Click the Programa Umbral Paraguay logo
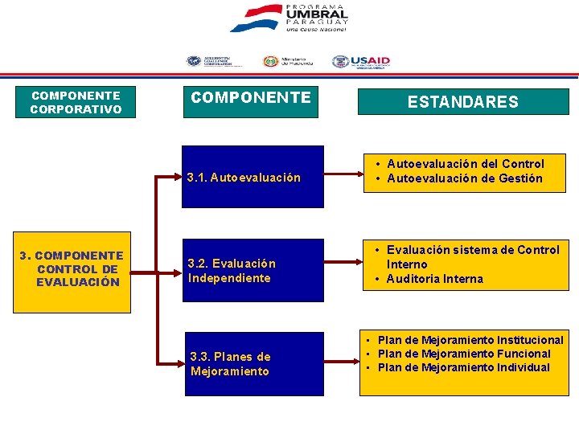tap(289, 18)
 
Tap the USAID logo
tap(361, 62)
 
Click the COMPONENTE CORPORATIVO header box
tap(76, 102)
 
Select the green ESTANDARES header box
tap(462, 102)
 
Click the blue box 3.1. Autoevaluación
tap(253, 177)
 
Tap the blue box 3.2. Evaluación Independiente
tap(253, 271)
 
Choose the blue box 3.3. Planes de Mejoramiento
tap(253, 364)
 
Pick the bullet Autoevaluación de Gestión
tap(465, 178)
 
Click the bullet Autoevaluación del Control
tap(466, 164)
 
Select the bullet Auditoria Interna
tap(434, 279)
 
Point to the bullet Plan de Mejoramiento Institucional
tap(470, 340)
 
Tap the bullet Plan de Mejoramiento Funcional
tap(464, 354)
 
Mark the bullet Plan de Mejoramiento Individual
tap(464, 367)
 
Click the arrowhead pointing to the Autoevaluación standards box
tap(354, 171)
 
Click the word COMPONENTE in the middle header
tap(250, 98)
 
